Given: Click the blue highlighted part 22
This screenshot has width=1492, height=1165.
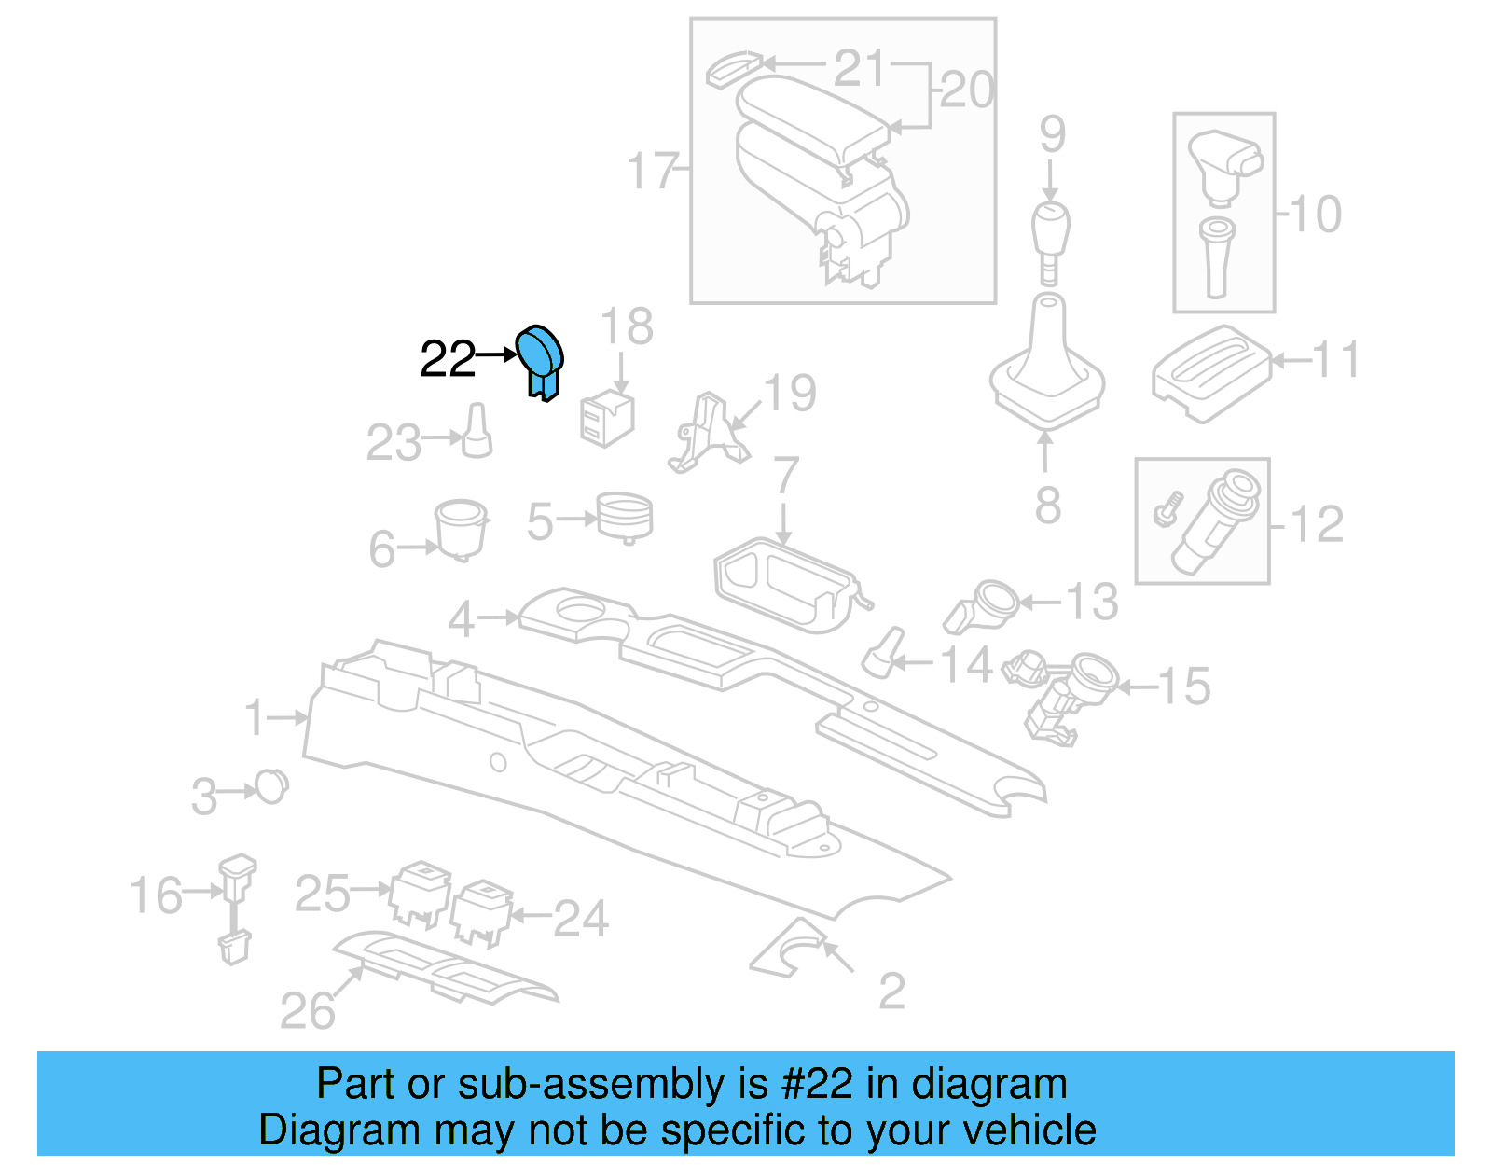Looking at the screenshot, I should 541,359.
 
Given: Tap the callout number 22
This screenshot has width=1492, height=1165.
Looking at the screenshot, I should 447,359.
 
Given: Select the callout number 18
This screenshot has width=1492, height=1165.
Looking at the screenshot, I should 627,327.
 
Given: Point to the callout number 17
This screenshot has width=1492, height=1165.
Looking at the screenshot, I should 651,171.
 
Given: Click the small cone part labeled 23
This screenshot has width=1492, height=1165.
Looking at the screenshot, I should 477,431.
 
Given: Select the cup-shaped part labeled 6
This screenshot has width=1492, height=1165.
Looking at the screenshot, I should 461,528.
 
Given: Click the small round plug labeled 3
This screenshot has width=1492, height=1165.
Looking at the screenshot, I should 271,787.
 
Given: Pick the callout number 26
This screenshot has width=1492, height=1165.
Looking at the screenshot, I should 307,1011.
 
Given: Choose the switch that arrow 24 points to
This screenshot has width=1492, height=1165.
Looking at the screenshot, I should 482,910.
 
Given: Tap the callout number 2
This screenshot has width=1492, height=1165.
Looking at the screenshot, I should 891,991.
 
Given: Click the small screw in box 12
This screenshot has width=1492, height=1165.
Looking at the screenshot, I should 1167,509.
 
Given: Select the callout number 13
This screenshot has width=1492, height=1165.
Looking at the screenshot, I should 1092,602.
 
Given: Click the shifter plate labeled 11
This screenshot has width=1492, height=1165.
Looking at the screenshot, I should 1209,372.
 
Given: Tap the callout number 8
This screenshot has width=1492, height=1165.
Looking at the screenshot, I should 1047,505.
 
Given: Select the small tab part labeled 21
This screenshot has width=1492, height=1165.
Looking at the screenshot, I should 733,69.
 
